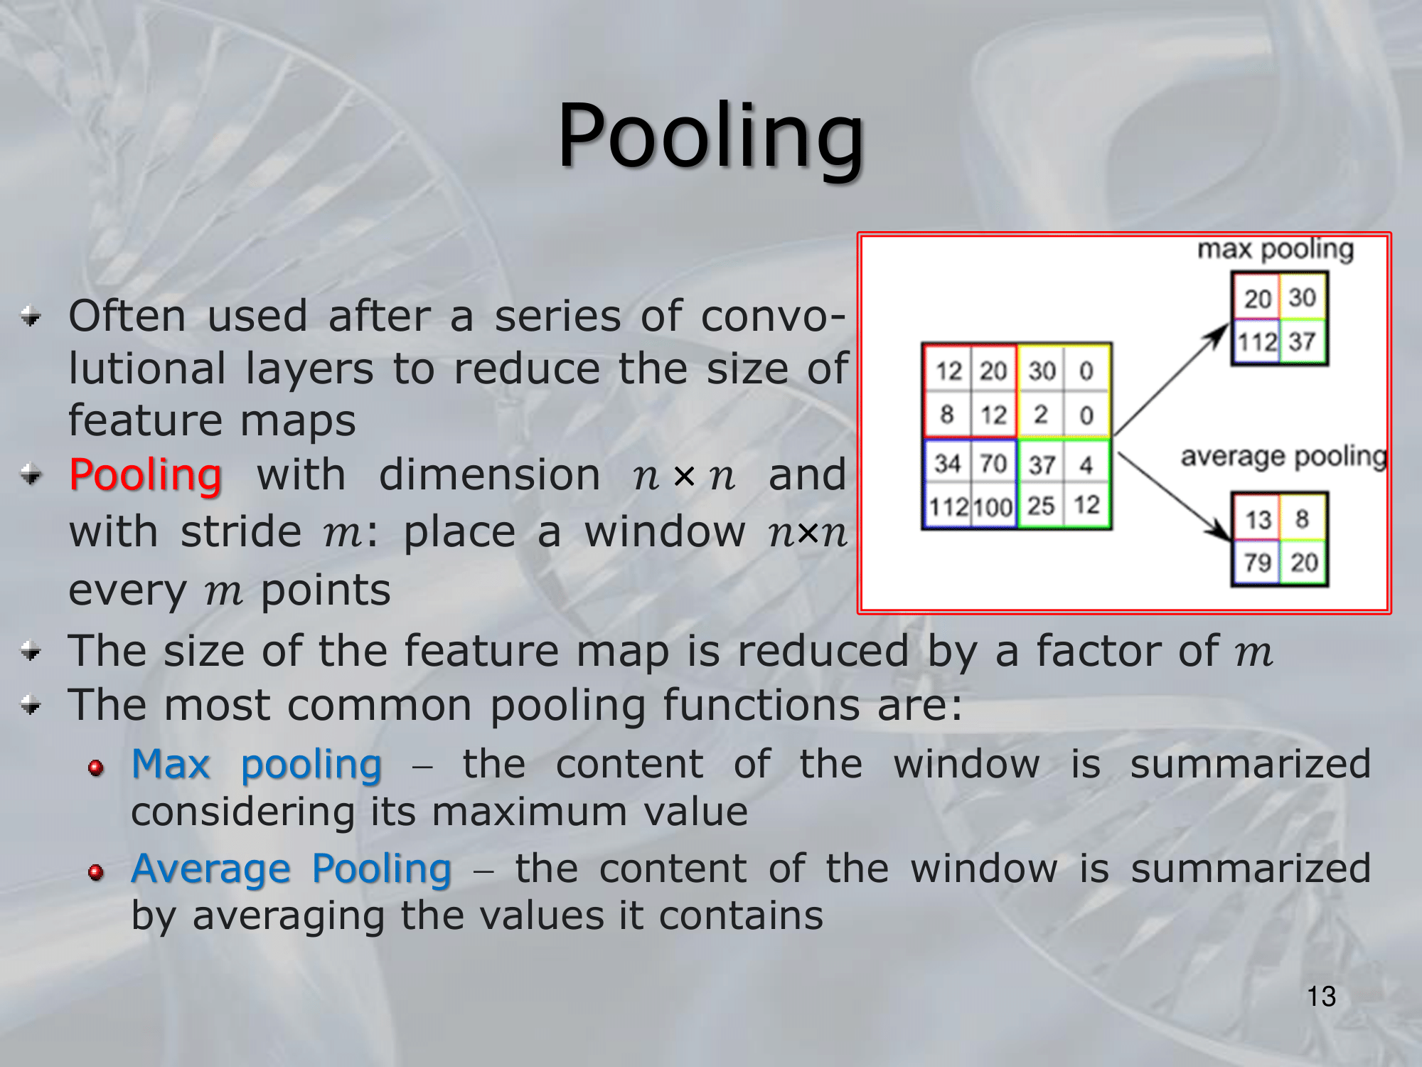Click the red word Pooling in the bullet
[x=146, y=476]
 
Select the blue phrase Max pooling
[x=257, y=765]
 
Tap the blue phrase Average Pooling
[x=292, y=870]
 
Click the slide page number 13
[x=1321, y=997]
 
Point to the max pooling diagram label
[x=1276, y=250]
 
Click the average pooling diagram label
[x=1284, y=457]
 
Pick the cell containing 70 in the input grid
[x=993, y=464]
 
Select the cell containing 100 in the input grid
[x=993, y=507]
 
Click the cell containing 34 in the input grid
[x=948, y=464]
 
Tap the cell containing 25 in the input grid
[x=1041, y=506]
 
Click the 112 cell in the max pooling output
[x=1257, y=341]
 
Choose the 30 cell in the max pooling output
[x=1303, y=297]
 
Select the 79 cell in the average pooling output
[x=1257, y=563]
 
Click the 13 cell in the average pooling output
[x=1257, y=519]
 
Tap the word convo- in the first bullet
[x=774, y=317]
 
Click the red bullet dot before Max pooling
[x=96, y=768]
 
